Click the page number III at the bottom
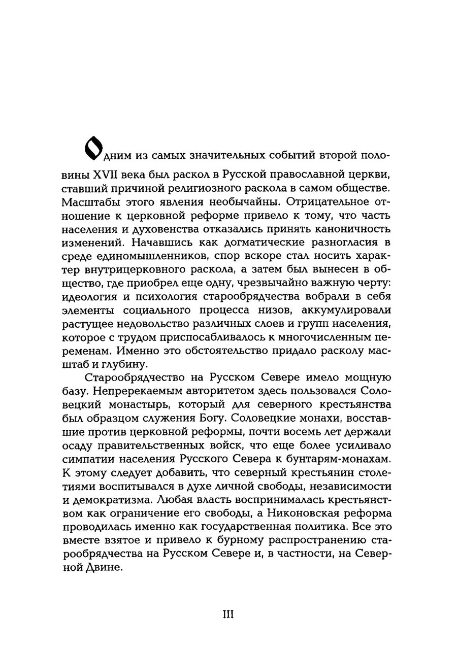pyautogui.click(x=228, y=614)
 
